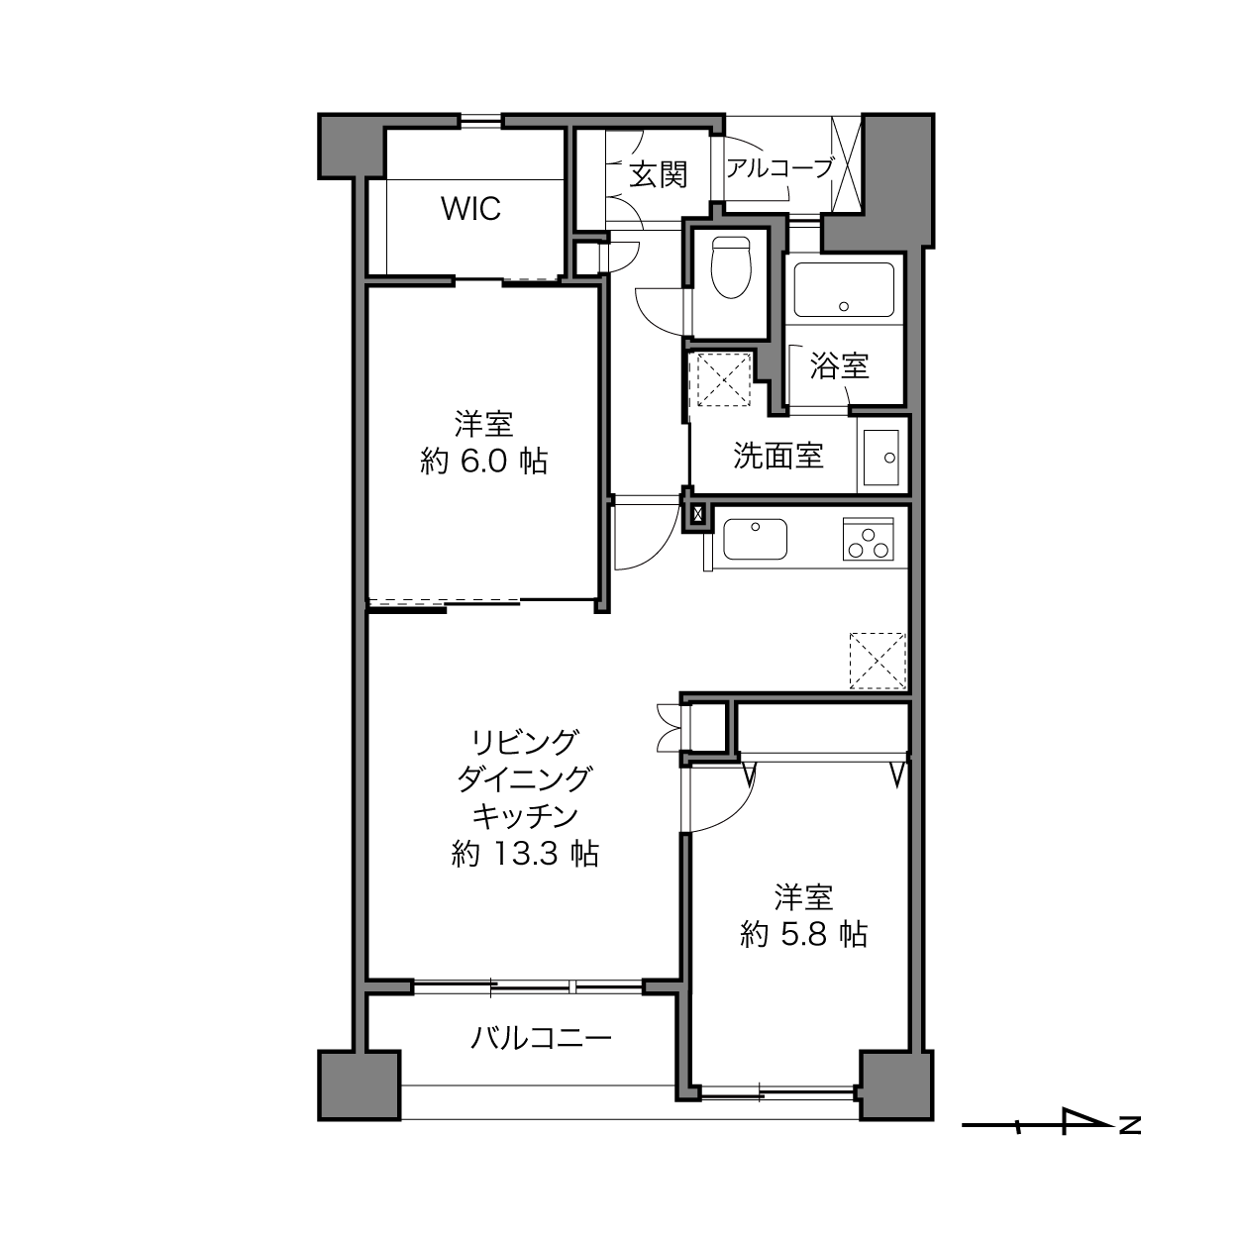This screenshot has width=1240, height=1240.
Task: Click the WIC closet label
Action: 471,209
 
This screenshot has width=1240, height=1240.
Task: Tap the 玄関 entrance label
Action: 659,174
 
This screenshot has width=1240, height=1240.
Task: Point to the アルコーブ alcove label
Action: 779,168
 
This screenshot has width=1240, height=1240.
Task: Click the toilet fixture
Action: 731,267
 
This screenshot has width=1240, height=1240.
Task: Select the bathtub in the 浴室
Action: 844,289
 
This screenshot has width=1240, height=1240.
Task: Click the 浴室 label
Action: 840,365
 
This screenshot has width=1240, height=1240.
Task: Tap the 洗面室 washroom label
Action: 778,456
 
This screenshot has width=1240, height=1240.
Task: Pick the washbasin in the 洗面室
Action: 880,457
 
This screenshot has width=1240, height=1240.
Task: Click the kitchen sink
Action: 756,539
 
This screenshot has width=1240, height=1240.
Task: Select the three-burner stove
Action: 868,539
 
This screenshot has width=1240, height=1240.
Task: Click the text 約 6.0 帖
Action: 484,462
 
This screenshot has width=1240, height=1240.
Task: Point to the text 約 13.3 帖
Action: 525,854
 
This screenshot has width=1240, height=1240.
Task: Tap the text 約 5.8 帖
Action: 803,934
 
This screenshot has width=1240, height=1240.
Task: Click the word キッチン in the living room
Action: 525,816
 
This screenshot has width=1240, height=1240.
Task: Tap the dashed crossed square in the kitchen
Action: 878,661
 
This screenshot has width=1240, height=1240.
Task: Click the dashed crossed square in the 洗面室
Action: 724,379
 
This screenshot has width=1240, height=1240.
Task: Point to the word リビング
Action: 525,742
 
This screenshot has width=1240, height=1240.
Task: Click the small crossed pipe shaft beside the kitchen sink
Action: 697,514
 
